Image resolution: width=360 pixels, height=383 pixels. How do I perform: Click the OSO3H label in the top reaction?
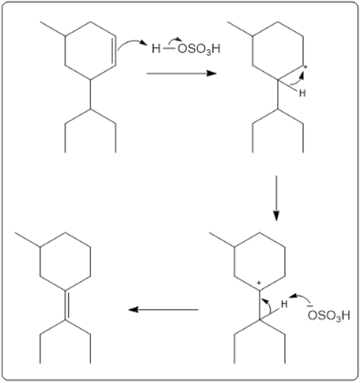(x=199, y=49)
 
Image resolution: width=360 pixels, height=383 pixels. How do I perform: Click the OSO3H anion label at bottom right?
(x=329, y=315)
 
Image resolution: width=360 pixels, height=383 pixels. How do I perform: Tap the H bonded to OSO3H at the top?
(x=156, y=49)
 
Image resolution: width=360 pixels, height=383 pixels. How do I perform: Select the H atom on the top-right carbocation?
(x=303, y=93)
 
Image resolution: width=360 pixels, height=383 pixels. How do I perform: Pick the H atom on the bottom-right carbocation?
(x=284, y=304)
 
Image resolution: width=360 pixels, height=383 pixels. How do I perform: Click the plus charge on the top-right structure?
(x=306, y=67)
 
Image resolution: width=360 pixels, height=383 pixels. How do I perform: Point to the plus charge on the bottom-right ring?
(x=259, y=283)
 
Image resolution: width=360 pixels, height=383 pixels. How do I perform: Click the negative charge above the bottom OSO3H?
(x=311, y=306)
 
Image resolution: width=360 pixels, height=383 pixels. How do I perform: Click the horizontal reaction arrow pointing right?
(x=182, y=73)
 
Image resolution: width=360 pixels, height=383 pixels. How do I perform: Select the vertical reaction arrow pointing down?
(x=276, y=198)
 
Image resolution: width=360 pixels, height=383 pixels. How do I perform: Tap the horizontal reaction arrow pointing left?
(x=164, y=309)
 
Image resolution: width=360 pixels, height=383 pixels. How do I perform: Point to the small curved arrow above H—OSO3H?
(x=175, y=39)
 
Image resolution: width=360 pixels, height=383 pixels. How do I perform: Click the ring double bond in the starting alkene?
(x=114, y=51)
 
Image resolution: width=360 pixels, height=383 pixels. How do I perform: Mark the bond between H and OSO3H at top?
(x=169, y=49)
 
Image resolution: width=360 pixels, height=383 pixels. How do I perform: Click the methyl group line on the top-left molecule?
(x=52, y=29)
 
